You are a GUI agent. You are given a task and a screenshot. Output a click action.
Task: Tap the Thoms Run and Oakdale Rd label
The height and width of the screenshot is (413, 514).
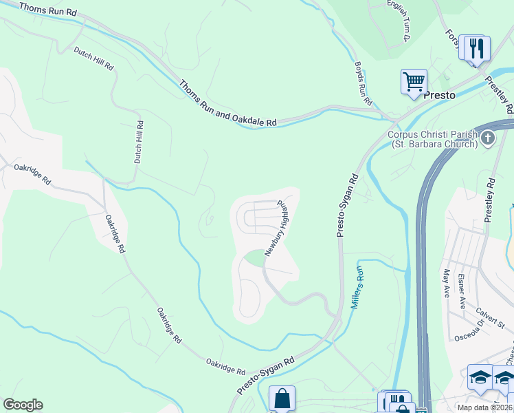[x=227, y=104]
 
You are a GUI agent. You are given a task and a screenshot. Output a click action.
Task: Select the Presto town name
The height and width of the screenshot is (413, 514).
[x=439, y=95]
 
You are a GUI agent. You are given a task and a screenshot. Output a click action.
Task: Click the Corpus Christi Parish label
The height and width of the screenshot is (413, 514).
[x=433, y=139]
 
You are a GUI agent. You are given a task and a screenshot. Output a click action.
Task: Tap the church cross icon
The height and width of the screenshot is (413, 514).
[x=488, y=138]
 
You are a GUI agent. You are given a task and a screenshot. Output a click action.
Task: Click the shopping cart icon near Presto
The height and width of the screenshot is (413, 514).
[x=414, y=81]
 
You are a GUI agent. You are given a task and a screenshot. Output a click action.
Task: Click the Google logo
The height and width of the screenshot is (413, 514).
[x=23, y=405]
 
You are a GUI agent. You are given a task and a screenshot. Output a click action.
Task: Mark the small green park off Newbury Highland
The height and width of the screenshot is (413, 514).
[x=254, y=258]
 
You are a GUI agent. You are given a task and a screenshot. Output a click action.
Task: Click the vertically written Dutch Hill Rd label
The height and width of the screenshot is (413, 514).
[x=139, y=142]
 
